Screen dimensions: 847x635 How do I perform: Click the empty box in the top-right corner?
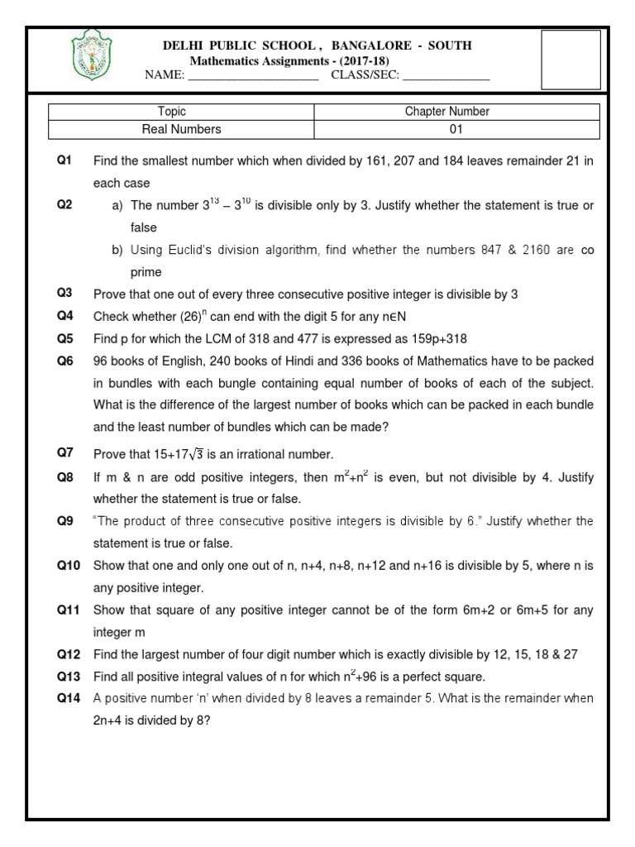click(571, 60)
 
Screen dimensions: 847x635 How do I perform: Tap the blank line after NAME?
click(254, 76)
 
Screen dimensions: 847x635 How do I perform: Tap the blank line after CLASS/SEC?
click(446, 76)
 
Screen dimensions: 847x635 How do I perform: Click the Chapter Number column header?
click(446, 112)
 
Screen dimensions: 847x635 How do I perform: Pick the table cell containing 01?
click(446, 129)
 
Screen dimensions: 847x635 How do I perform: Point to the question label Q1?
click(65, 160)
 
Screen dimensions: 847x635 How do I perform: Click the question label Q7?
click(65, 452)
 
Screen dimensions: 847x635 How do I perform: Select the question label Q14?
click(69, 698)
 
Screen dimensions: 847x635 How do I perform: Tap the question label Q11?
click(69, 610)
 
